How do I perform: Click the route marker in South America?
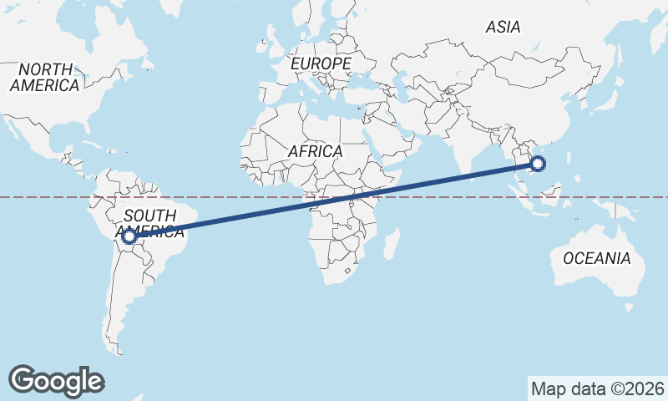129,236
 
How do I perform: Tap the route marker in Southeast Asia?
538,164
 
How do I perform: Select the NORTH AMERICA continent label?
44,77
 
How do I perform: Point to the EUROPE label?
321,63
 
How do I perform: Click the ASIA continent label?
503,27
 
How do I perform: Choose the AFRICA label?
315,151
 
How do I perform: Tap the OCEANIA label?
596,258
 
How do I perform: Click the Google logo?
56,380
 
